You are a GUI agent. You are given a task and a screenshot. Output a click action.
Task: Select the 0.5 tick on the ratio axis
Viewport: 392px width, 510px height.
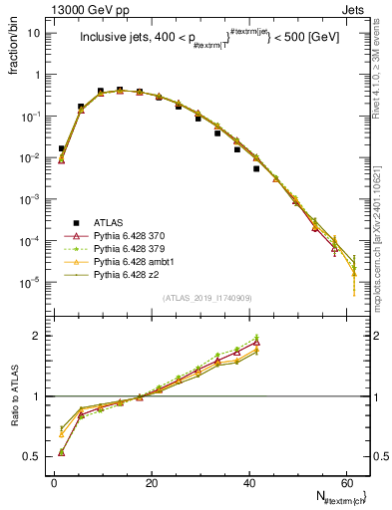coord(35,456)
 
